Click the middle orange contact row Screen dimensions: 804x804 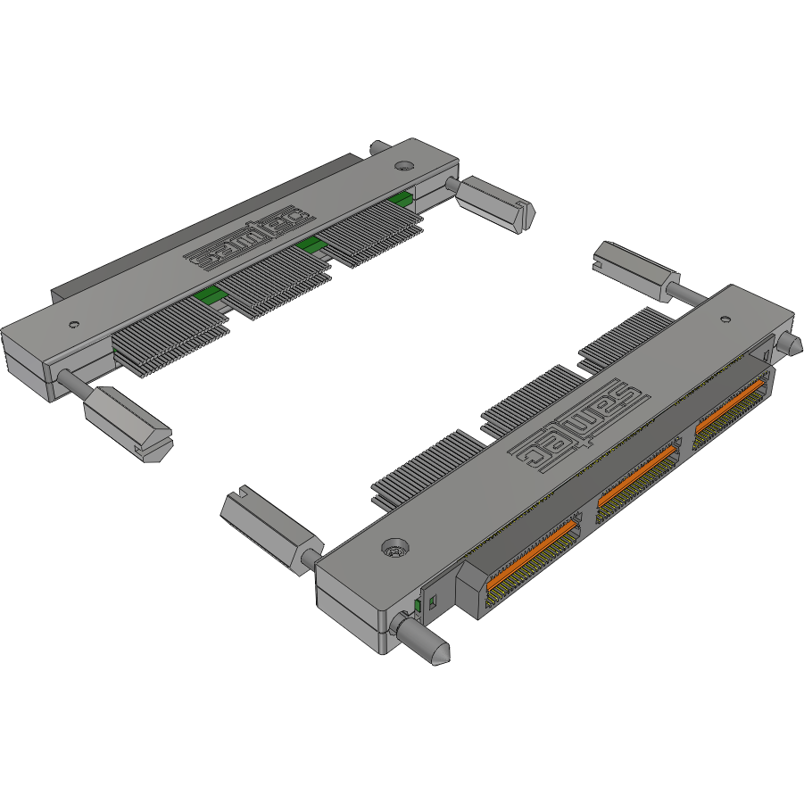(635, 485)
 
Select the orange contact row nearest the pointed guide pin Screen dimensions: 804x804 (532, 557)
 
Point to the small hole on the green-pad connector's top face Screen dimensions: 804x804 (74, 324)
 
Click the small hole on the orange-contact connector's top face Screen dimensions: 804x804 (725, 319)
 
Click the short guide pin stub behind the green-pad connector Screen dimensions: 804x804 (377, 147)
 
